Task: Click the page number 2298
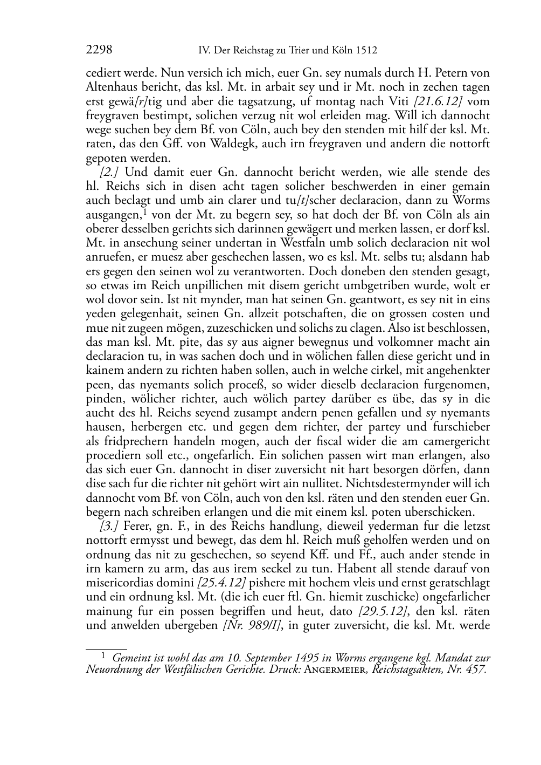coord(99,51)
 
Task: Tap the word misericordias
coord(119,583)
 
